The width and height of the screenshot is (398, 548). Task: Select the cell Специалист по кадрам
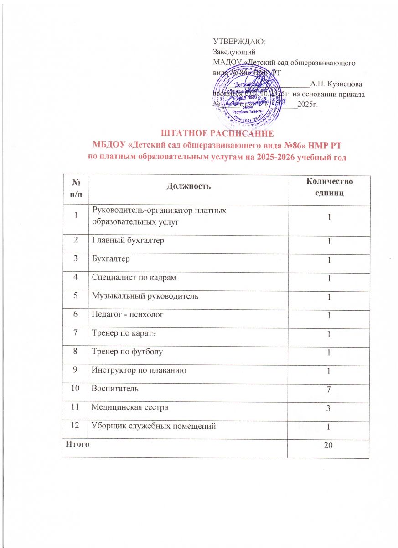(131, 278)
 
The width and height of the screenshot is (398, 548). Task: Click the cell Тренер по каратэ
(120, 333)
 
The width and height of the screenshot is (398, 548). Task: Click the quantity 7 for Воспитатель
(328, 390)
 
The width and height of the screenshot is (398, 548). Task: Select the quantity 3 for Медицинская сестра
(328, 408)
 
